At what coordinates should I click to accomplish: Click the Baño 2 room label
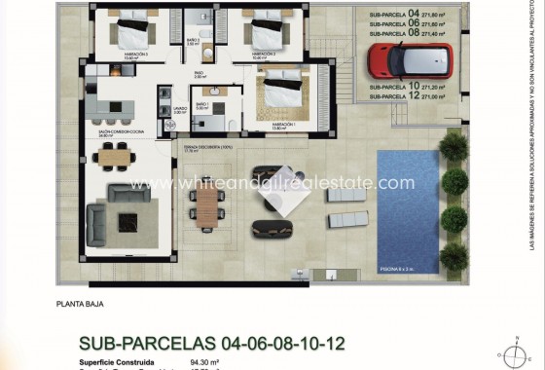click(193, 42)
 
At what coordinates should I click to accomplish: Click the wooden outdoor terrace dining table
click(207, 206)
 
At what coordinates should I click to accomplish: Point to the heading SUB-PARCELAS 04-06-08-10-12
click(211, 343)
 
